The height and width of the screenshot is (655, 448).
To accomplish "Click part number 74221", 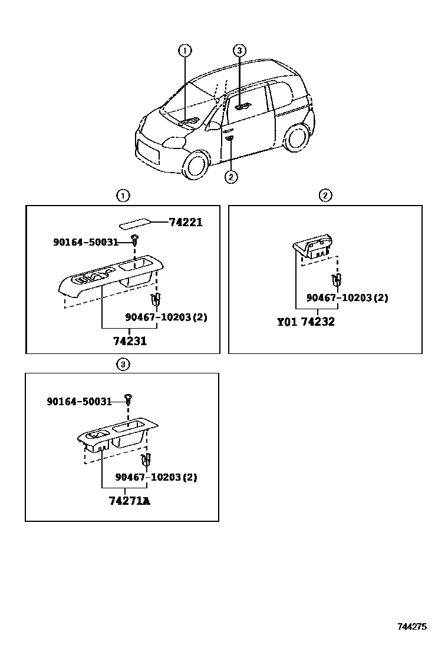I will tap(185, 222).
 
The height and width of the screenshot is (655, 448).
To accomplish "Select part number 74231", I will tap(130, 341).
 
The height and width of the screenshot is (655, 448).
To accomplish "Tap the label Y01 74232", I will tap(305, 322).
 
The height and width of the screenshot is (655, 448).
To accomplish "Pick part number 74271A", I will tap(129, 501).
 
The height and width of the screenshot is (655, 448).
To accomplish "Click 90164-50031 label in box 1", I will tap(85, 242).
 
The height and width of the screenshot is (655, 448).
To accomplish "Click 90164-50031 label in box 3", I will tap(79, 401).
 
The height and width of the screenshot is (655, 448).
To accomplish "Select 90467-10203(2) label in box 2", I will tap(347, 298).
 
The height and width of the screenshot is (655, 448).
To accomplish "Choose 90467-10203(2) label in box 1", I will tap(166, 317).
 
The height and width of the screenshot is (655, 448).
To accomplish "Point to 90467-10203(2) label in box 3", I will tap(156, 477).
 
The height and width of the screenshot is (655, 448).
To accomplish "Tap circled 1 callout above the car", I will tap(185, 51).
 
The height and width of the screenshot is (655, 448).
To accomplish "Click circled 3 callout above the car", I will tap(239, 51).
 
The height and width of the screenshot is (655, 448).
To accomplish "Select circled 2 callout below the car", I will tap(231, 176).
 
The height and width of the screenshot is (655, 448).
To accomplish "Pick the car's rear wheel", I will tap(297, 137).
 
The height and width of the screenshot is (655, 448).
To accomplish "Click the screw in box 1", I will tap(135, 239).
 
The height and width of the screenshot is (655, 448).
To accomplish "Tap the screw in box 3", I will tap(129, 399).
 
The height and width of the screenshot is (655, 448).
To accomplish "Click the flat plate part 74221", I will tap(135, 224).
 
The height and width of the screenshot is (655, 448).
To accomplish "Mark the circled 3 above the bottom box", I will tap(122, 365).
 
